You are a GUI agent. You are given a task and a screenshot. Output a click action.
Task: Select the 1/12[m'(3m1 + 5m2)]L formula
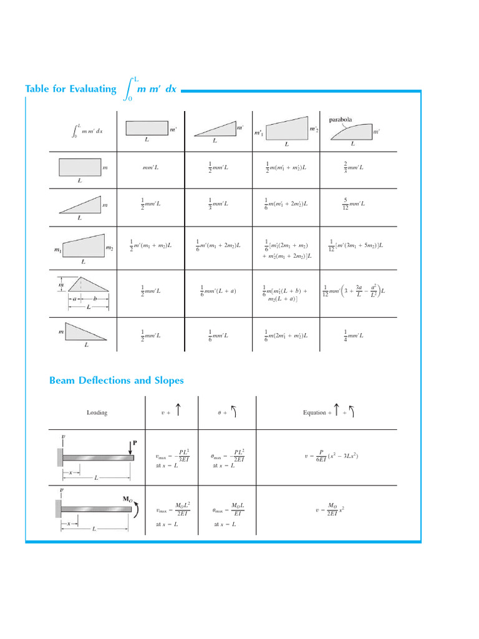coord(356,245)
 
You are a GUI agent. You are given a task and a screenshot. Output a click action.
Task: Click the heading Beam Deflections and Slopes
coord(117,380)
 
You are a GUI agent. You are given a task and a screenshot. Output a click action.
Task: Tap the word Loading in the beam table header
coord(97,412)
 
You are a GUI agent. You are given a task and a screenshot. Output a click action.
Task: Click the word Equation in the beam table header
coord(314,412)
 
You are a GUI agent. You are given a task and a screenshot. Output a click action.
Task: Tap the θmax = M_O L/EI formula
coord(229,509)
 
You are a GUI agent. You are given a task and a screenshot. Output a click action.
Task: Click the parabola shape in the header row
coord(351,132)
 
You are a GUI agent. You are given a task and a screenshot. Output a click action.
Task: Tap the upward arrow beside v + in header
coord(178,411)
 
